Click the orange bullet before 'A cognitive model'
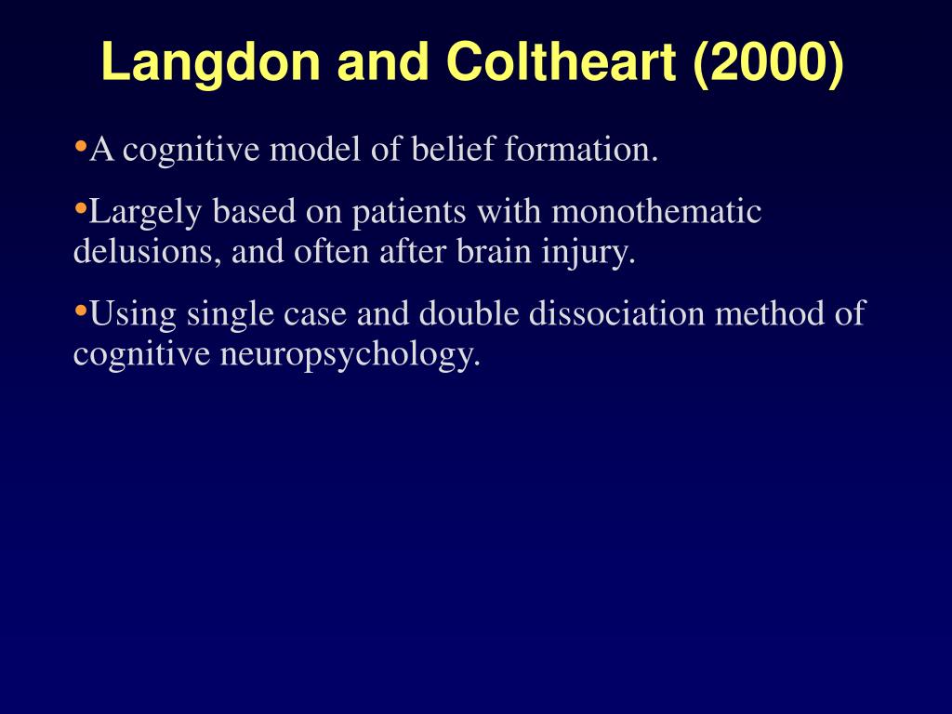point(80,146)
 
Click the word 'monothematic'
point(656,213)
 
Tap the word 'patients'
point(409,213)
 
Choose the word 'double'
point(469,314)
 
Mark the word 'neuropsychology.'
point(350,355)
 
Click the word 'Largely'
point(147,213)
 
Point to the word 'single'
point(228,314)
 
